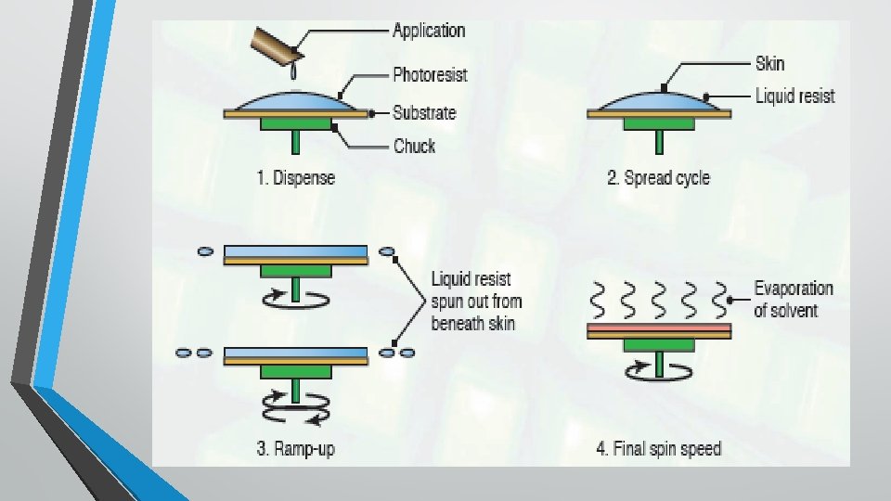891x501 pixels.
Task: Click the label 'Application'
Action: coord(428,30)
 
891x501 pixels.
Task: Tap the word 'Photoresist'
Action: coord(430,73)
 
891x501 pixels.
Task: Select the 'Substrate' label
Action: coord(424,113)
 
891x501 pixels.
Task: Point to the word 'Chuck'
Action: coord(414,146)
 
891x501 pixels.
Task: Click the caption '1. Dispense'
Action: coord(295,177)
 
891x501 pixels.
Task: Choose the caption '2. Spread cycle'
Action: coord(658,177)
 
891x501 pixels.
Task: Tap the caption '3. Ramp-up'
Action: coord(295,449)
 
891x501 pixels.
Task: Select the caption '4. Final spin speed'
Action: coord(658,449)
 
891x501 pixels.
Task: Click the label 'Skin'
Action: coord(769,64)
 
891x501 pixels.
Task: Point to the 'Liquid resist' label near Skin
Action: coord(794,96)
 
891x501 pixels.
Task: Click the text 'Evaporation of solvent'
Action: coord(793,299)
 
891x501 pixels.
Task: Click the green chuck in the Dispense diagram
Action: coord(296,123)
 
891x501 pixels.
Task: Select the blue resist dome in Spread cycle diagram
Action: coord(659,101)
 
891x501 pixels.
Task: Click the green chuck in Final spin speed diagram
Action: coord(659,345)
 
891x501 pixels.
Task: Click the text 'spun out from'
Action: coord(476,301)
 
